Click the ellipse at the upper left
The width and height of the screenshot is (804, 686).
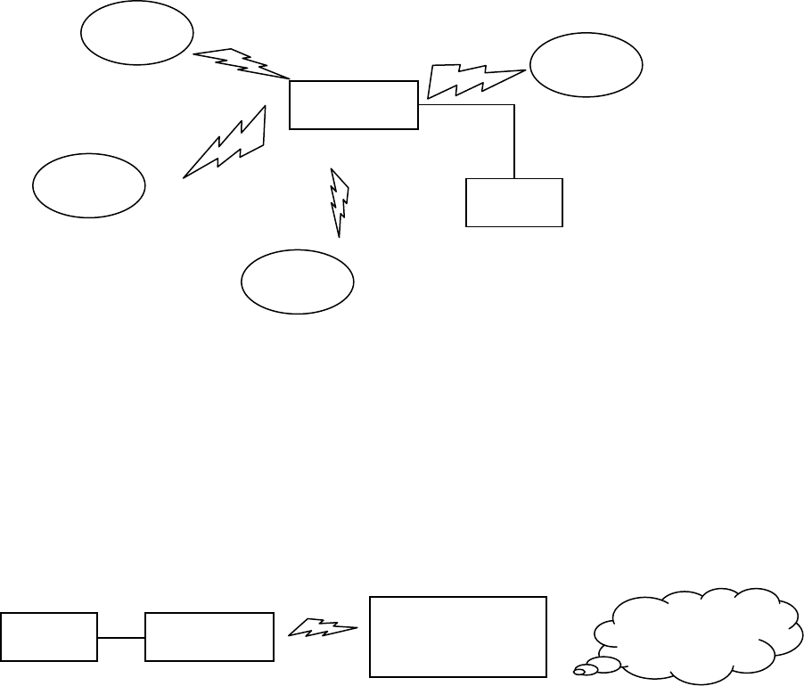(137, 33)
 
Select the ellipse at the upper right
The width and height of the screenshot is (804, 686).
(586, 65)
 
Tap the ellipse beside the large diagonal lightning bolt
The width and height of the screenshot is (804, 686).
(88, 186)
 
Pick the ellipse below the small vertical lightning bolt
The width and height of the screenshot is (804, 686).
(298, 281)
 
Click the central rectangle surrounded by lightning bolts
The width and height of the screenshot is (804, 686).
(354, 104)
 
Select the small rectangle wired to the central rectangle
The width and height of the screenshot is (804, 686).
(514, 202)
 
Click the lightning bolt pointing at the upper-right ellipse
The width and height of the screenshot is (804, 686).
(472, 79)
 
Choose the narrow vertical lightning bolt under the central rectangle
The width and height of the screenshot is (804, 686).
(340, 201)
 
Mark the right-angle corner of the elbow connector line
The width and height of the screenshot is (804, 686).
(515, 105)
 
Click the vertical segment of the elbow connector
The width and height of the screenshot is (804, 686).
(515, 143)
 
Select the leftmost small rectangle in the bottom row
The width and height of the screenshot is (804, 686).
(48, 637)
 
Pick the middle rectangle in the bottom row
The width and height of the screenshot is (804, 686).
(209, 637)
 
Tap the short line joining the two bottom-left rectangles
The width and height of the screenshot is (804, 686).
(120, 638)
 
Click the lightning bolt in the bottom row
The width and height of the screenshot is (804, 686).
(323, 630)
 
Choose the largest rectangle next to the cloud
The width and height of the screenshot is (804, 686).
(457, 637)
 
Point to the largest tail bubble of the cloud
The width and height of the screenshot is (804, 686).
(609, 663)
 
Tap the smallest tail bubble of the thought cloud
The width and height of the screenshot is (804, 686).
(580, 671)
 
